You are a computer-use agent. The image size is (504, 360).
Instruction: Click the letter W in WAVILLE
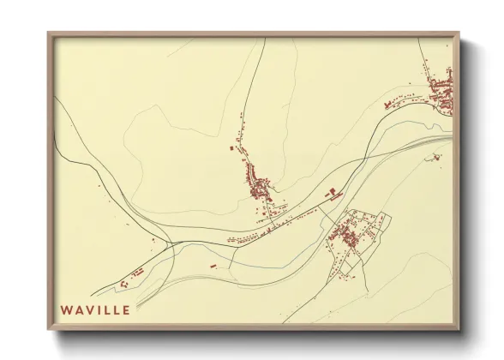click(65, 309)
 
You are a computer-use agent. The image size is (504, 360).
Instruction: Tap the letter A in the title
click(79, 309)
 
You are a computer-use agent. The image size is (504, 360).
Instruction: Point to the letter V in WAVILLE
click(91, 309)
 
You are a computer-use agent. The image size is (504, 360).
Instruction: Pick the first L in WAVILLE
click(108, 309)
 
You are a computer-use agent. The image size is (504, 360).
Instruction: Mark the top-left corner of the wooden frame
click(48, 33)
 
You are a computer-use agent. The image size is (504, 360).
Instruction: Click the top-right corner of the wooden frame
click(459, 33)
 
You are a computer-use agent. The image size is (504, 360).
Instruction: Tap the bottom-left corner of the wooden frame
click(48, 330)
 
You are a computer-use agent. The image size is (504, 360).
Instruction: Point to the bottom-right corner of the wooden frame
click(459, 330)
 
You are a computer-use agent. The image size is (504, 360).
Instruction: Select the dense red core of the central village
click(259, 188)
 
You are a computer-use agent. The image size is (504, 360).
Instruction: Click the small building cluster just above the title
click(134, 277)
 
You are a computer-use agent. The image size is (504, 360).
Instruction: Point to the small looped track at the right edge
click(436, 157)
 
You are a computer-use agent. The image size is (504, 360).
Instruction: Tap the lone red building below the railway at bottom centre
click(213, 267)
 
